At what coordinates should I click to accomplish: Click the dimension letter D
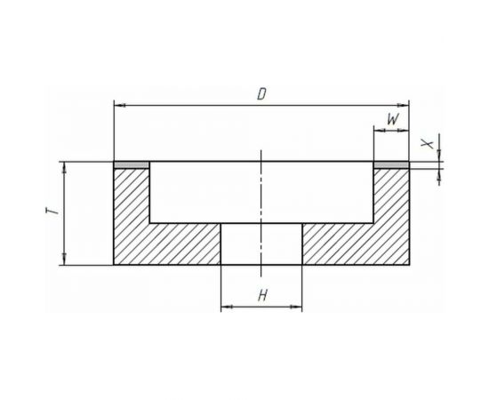(261, 94)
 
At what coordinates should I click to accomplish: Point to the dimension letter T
(54, 213)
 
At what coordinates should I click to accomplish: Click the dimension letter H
(262, 296)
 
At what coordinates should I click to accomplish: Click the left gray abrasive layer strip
(132, 165)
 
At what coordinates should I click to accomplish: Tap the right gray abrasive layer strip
(391, 165)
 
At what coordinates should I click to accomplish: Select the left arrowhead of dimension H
(225, 308)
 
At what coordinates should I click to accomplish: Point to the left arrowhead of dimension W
(378, 130)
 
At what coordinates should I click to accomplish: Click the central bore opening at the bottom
(261, 244)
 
